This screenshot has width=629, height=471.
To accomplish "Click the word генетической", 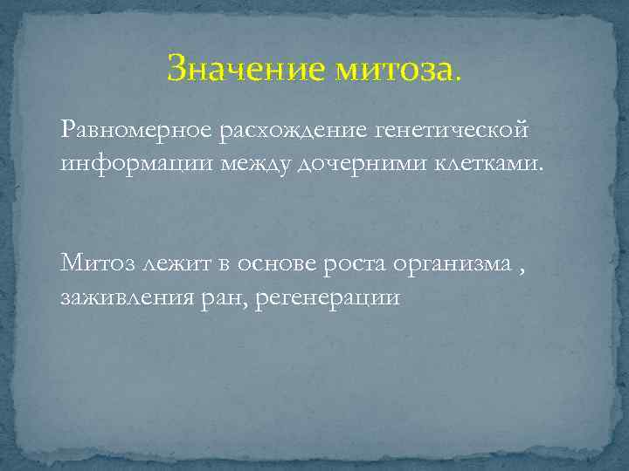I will click(453, 130).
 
